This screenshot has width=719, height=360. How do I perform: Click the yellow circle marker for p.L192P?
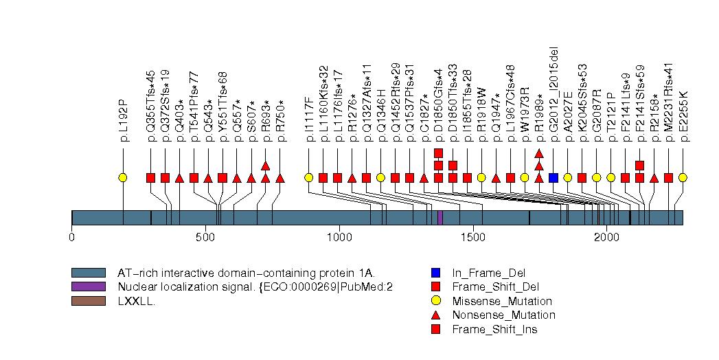[123, 178]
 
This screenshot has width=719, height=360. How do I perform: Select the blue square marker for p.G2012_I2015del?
[553, 178]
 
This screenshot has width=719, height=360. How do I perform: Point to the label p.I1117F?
[310, 120]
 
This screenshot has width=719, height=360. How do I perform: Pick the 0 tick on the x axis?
[72, 237]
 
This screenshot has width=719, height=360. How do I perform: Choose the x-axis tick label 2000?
[606, 237]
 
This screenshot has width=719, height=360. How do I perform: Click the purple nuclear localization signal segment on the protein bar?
[440, 217]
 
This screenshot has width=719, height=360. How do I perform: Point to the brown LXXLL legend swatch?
[89, 301]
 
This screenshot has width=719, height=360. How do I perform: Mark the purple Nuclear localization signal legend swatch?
[89, 286]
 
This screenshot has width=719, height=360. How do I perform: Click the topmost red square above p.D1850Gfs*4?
[438, 153]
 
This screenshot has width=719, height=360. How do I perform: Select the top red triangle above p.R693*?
[266, 166]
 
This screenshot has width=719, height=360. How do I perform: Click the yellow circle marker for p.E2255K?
[683, 178]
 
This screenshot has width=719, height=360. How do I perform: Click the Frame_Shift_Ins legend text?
[494, 330]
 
